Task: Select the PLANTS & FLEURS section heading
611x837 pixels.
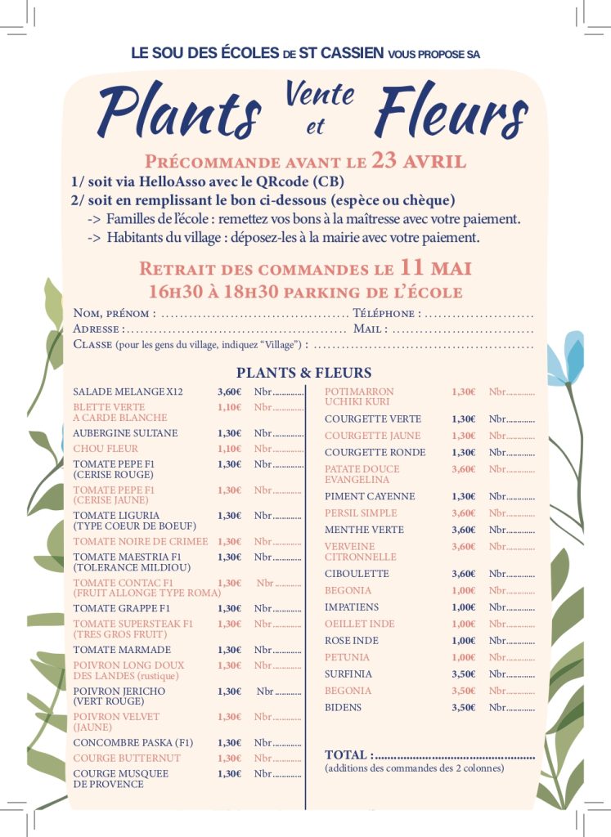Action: [303, 373]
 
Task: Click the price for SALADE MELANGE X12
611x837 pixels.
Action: [229, 392]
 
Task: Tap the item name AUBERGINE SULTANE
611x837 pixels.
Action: [125, 433]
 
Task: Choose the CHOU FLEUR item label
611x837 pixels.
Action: [106, 449]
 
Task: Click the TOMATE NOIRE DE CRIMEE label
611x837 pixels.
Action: [141, 541]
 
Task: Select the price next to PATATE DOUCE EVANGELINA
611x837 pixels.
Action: [463, 469]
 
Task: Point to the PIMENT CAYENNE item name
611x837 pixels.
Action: [370, 496]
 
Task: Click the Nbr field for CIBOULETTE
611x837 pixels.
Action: [511, 574]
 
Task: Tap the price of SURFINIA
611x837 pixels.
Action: [463, 674]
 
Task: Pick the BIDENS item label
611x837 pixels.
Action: [343, 707]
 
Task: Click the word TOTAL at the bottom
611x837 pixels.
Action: [348, 754]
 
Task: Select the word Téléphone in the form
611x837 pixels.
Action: [386, 313]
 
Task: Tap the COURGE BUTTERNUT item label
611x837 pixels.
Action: [127, 759]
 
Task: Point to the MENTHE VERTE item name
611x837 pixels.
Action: [364, 530]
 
